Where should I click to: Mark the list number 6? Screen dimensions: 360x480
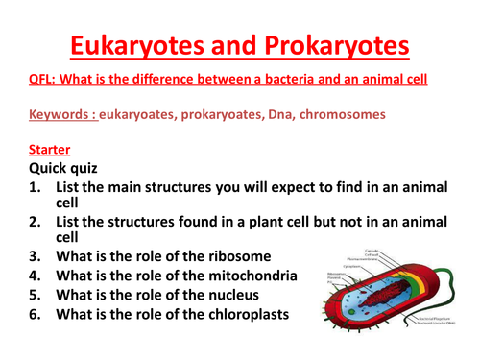point(36,313)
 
